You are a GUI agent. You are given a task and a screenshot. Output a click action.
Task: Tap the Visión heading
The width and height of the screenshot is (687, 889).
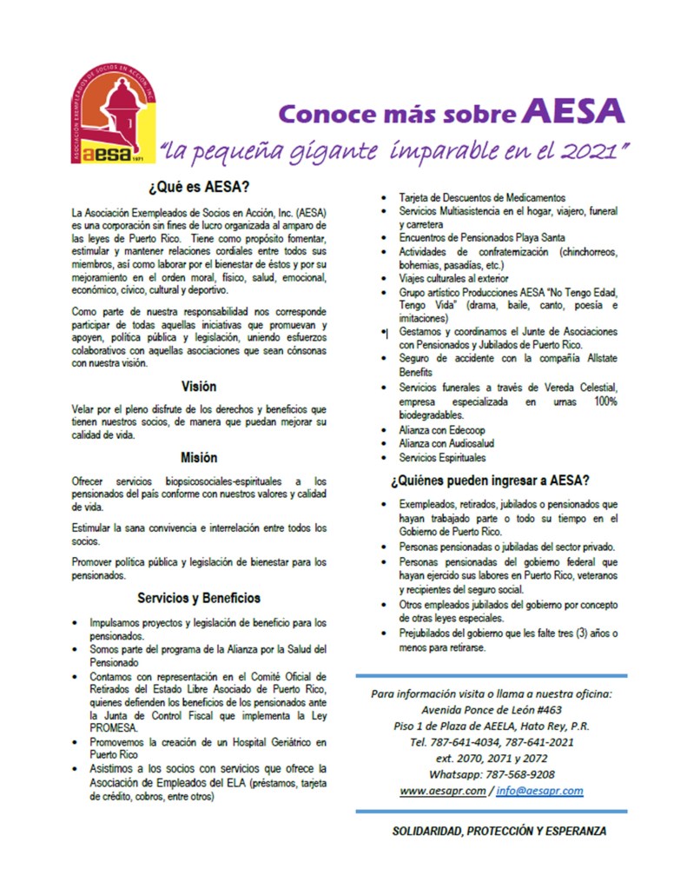(199, 386)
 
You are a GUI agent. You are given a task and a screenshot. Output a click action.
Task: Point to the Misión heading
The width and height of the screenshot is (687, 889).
(199, 457)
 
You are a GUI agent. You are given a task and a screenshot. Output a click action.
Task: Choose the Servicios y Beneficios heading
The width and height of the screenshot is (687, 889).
(199, 598)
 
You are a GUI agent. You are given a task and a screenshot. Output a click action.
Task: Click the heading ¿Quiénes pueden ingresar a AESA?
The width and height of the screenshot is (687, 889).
(491, 481)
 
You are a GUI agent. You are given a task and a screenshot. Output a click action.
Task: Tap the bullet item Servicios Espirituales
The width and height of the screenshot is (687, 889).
(442, 457)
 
